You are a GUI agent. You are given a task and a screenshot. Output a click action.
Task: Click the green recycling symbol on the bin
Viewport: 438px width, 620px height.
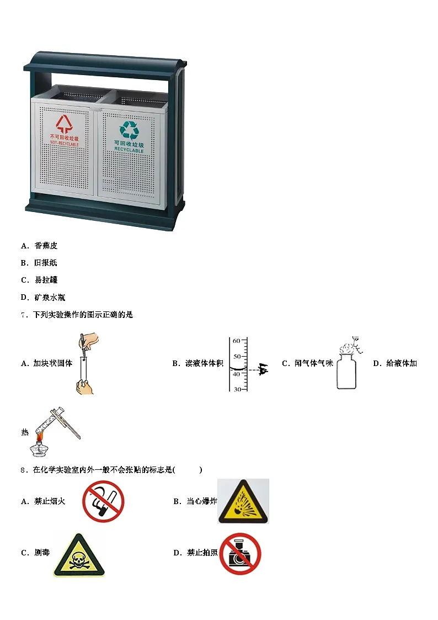[129, 130]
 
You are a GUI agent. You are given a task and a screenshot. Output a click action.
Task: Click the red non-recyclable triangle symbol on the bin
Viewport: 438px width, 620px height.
[64, 124]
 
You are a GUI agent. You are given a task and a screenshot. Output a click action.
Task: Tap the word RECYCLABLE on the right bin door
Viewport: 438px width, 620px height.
[129, 150]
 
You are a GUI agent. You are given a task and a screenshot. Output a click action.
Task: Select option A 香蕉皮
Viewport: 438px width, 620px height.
[40, 246]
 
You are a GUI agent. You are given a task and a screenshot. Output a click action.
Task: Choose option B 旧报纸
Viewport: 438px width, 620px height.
[39, 263]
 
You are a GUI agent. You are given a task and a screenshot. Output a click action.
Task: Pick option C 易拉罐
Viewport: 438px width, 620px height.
[40, 280]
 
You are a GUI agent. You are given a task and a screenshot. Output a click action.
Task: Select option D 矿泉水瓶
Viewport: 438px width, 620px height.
[43, 298]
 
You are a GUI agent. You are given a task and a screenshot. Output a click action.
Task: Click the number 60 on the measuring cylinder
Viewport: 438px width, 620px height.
[236, 341]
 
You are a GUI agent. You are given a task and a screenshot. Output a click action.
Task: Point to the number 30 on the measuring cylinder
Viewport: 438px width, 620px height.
[237, 389]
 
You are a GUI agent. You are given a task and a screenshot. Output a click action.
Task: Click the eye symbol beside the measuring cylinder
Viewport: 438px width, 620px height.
[262, 370]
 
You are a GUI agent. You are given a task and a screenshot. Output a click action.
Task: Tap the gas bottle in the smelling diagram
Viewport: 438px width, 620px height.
[346, 371]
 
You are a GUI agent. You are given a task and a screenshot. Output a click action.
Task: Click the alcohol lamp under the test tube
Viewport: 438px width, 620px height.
[39, 449]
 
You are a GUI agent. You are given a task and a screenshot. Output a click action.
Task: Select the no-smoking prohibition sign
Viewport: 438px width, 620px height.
[104, 501]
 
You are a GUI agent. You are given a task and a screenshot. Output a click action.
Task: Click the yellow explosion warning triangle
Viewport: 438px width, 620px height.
[243, 501]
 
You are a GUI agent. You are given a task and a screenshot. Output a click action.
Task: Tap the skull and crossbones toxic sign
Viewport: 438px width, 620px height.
[79, 555]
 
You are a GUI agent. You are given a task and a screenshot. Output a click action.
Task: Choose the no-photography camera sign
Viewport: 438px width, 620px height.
[240, 554]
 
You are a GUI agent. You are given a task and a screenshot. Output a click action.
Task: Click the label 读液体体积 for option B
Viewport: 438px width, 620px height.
[204, 363]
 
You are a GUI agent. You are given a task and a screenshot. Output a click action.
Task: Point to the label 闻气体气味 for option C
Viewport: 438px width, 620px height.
[314, 363]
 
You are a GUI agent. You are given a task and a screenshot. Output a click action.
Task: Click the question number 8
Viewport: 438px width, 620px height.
[23, 470]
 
